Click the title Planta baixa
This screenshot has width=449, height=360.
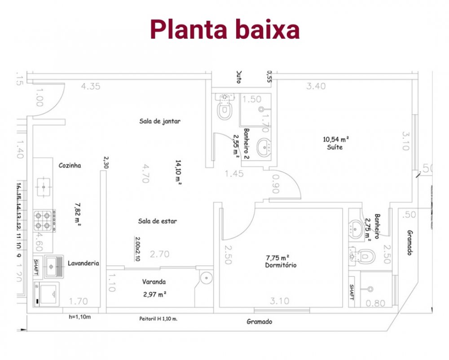click(x=224, y=30)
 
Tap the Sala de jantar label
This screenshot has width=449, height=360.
click(x=160, y=121)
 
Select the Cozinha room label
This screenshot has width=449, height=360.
click(x=70, y=165)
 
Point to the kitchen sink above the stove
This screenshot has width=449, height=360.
click(x=44, y=185)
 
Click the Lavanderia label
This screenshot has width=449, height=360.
click(x=83, y=263)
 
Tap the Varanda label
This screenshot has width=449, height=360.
click(x=154, y=282)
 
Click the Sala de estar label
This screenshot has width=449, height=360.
click(x=158, y=221)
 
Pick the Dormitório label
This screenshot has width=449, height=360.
click(x=281, y=265)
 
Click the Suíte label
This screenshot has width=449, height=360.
click(x=335, y=147)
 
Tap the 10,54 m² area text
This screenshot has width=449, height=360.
click(x=336, y=139)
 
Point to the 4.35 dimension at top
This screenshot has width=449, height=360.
click(x=91, y=87)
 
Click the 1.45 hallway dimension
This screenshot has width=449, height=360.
click(x=234, y=173)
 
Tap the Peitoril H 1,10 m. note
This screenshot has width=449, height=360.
click(x=158, y=319)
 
